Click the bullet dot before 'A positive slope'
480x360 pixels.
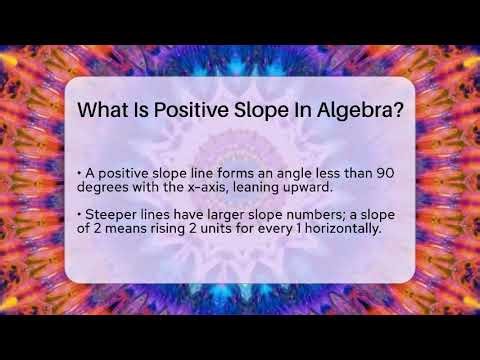(x=78, y=173)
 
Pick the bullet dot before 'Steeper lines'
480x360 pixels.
(x=78, y=214)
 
